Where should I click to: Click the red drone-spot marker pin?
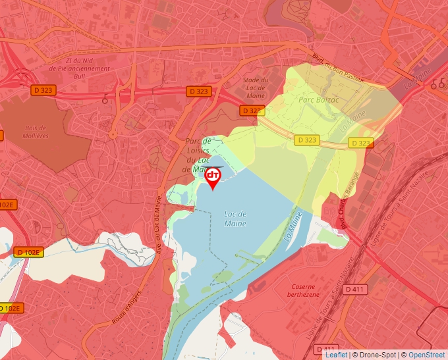(213, 177)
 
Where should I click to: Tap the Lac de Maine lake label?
(235, 219)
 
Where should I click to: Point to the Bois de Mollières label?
(34, 132)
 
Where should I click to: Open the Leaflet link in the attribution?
(336, 355)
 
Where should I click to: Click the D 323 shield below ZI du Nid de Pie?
(43, 90)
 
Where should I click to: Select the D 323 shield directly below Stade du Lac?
(252, 111)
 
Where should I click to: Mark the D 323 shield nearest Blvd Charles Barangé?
(360, 143)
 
